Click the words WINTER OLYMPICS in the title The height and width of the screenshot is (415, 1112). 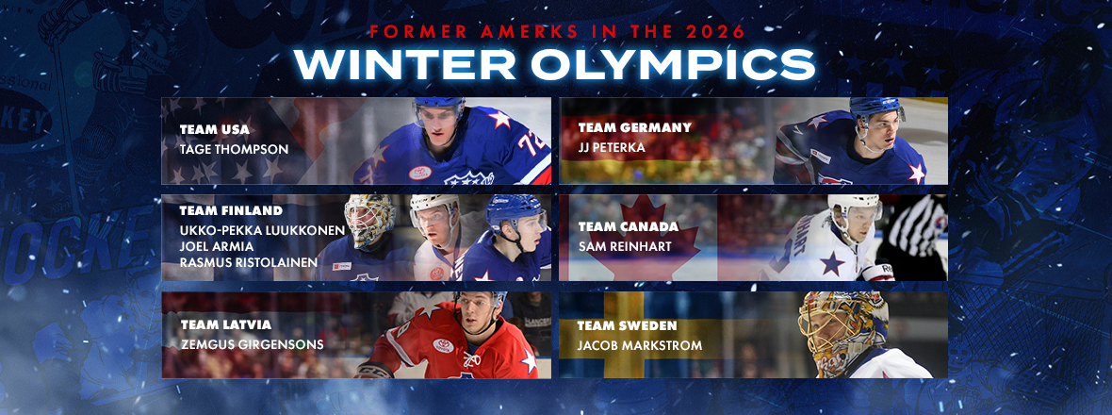click(x=555, y=64)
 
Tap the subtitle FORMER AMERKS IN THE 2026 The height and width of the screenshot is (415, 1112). click(x=555, y=32)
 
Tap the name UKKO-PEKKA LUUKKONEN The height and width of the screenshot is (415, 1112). click(x=263, y=230)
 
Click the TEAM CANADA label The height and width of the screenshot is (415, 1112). click(x=619, y=227)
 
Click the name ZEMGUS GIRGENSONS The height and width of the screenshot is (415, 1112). click(x=252, y=345)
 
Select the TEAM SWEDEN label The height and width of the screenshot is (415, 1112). click(x=617, y=326)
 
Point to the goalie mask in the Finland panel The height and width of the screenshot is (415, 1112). click(x=370, y=220)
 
